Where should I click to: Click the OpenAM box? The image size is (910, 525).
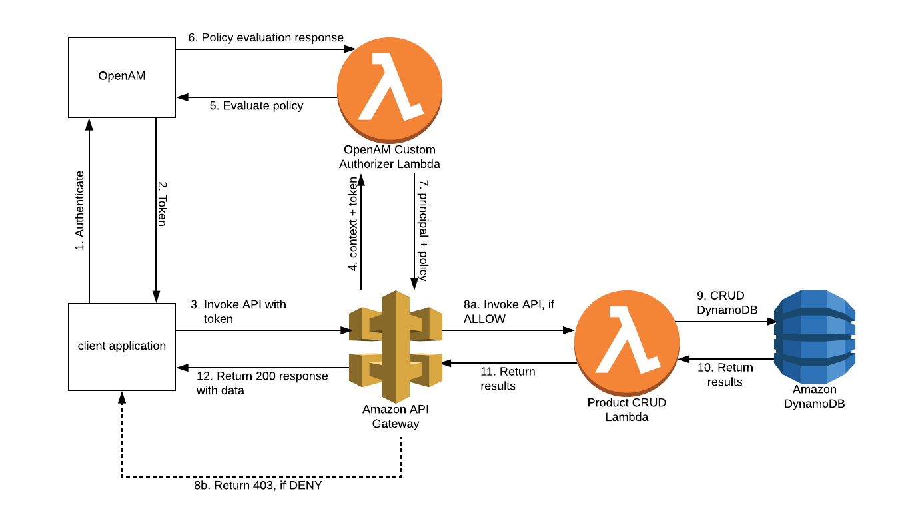[122, 76]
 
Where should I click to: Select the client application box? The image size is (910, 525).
[122, 346]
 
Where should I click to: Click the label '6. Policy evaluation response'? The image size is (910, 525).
[266, 38]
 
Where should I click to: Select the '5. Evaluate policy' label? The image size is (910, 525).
[256, 105]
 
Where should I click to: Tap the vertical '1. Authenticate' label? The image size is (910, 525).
[79, 211]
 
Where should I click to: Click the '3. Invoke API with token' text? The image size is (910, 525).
[238, 312]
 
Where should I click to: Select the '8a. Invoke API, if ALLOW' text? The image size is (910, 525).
[508, 312]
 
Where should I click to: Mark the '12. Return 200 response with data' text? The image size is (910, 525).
[262, 383]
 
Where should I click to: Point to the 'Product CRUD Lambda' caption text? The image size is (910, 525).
[626, 410]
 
